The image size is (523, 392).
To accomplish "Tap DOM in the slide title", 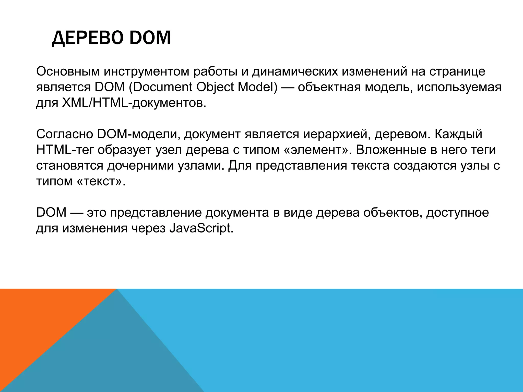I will tap(150, 38).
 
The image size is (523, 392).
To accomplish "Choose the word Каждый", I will tap(458, 134).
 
